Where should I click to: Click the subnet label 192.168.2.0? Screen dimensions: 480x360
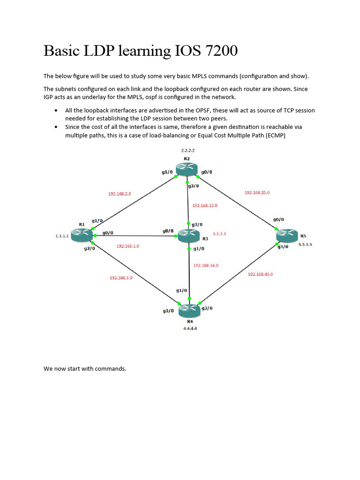120,193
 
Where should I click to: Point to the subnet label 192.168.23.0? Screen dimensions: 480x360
204,205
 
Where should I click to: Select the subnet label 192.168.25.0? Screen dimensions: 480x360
257,193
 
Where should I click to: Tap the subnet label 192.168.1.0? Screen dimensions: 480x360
128,246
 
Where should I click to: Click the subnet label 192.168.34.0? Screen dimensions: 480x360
206,265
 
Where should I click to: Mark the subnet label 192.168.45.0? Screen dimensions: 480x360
260,274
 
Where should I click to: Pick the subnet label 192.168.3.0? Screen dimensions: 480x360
121,278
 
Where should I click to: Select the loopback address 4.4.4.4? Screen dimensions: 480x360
190,329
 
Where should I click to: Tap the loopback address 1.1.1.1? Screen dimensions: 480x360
62,237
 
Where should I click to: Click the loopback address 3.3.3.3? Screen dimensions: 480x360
219,233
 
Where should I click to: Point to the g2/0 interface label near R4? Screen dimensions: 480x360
168,311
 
